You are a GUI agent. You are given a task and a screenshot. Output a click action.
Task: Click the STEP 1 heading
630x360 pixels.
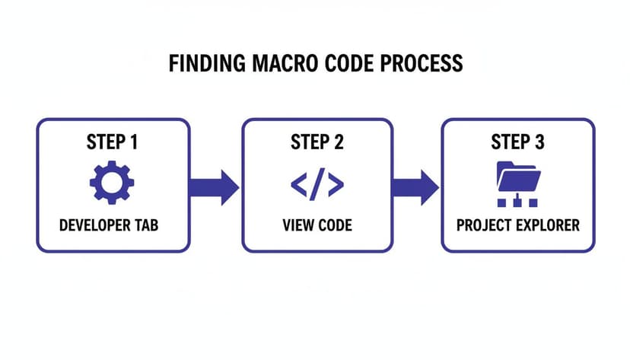coord(112,143)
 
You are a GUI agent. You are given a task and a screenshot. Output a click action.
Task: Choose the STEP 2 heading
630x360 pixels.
coord(317,143)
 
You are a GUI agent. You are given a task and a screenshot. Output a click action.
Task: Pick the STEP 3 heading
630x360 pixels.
coord(517,143)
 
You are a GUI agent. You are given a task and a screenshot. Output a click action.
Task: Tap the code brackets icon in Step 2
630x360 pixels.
coord(317,184)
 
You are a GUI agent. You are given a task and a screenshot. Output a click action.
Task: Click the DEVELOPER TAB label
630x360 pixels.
coord(112,226)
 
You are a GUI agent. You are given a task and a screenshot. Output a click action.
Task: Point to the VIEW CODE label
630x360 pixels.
coord(317,226)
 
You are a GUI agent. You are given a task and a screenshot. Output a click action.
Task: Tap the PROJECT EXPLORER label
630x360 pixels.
coord(517,226)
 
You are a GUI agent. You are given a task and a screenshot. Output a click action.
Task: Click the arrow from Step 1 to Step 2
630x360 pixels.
coord(214,186)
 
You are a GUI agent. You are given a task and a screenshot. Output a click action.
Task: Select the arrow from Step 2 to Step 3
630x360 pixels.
coord(415,186)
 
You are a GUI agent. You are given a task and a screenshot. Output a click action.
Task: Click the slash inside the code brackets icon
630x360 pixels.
coord(317,184)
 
